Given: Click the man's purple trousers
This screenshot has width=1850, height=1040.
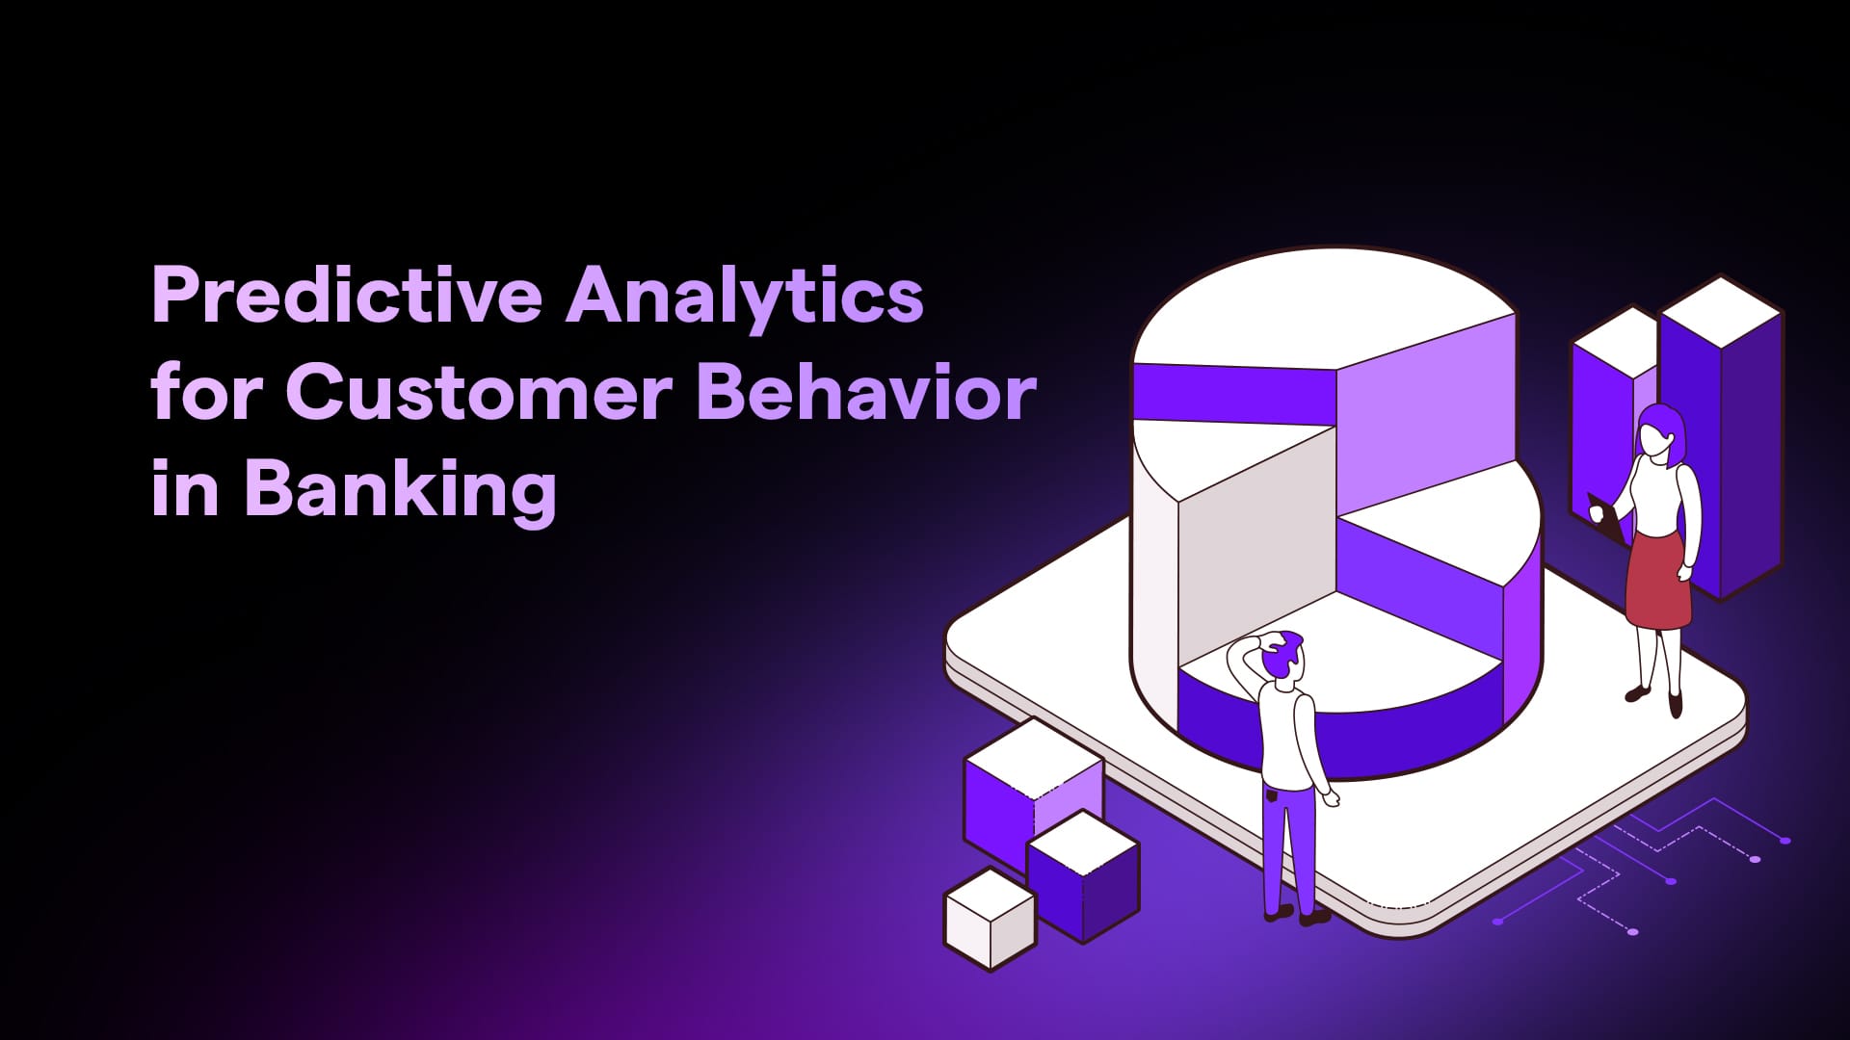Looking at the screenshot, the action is coord(1289,847).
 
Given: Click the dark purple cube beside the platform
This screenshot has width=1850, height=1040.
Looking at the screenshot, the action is coord(1084,875).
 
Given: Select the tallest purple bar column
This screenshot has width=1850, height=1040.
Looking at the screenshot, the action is coord(1720,438).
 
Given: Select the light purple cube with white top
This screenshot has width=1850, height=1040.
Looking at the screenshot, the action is coord(1033,793).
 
